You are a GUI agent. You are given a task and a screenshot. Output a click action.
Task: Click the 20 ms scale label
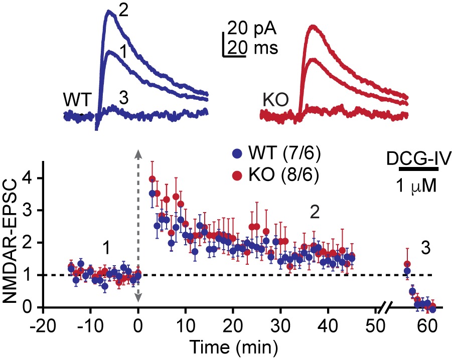click(252, 49)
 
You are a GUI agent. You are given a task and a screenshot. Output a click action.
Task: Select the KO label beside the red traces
click(275, 100)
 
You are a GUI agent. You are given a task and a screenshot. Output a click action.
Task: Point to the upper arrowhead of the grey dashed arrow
click(137, 153)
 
